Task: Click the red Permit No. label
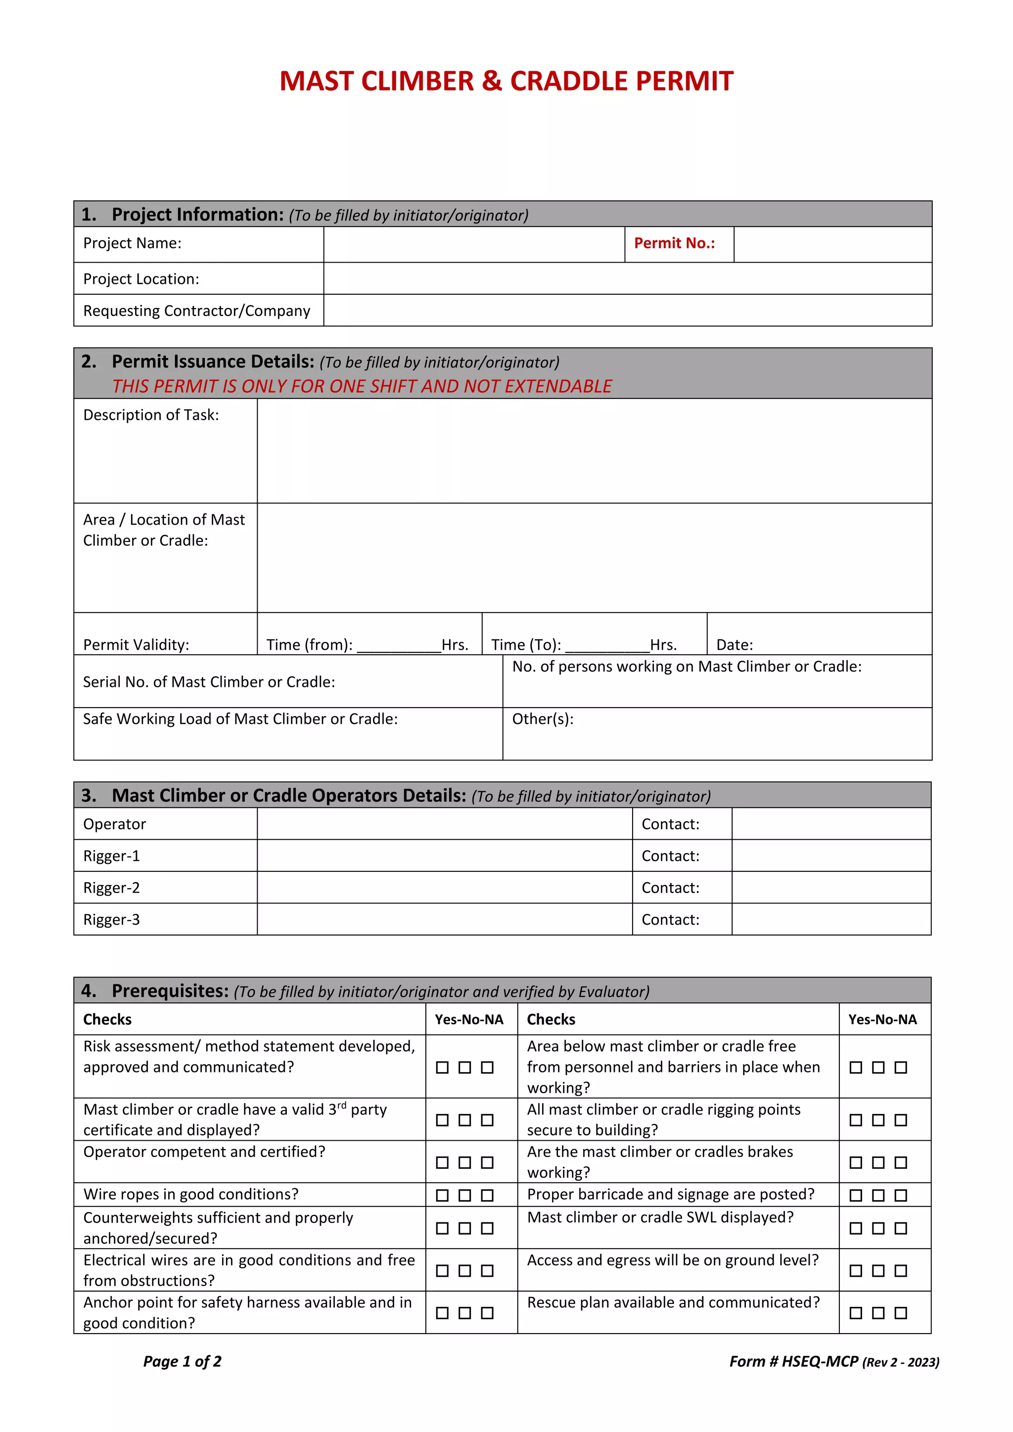point(674,243)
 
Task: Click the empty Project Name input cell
point(473,244)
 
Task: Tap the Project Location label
point(141,279)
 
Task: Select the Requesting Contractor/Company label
point(196,311)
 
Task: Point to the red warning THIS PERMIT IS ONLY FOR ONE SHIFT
point(362,386)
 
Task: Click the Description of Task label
point(151,415)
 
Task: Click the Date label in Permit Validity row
point(734,645)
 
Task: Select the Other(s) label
point(542,719)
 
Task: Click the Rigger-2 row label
point(112,888)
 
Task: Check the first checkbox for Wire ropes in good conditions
point(442,1196)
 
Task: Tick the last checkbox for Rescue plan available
point(901,1313)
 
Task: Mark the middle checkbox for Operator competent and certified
point(465,1163)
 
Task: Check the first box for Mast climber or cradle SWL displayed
point(856,1228)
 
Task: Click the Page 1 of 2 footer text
point(182,1361)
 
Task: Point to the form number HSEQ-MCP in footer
point(820,1361)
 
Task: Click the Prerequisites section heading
point(170,991)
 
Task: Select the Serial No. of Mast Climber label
point(209,682)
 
